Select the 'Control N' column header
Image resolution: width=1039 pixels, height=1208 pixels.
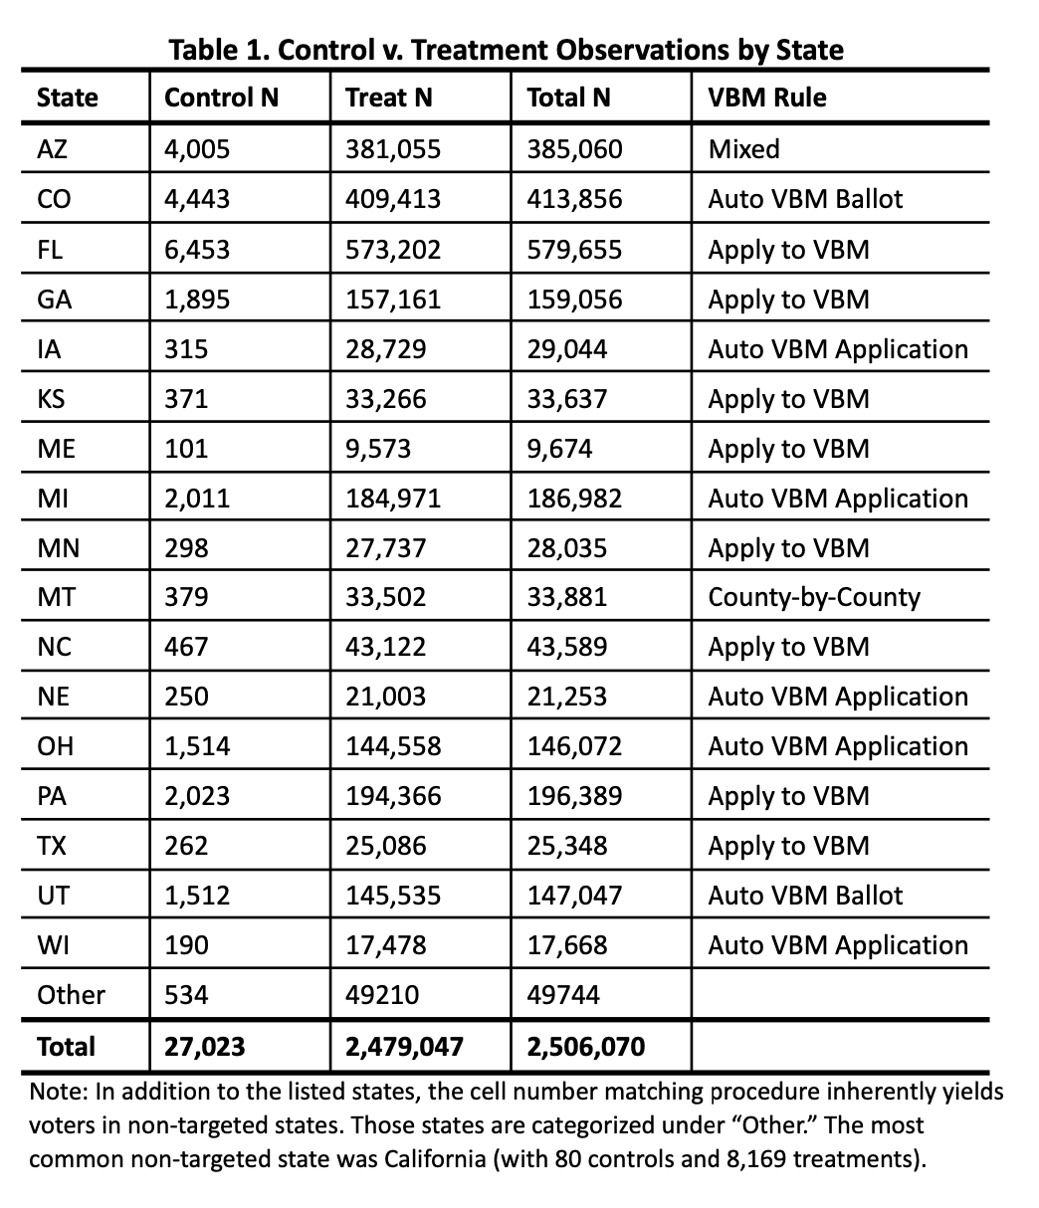[221, 98]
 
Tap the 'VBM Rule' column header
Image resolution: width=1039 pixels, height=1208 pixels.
[766, 98]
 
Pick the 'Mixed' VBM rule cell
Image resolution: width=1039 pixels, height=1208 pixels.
[743, 149]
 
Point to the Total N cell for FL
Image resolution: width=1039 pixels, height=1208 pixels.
[574, 249]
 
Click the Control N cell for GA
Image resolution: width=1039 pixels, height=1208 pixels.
[197, 299]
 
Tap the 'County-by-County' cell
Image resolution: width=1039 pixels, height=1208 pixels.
[814, 597]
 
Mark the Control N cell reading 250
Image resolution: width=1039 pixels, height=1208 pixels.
[186, 697]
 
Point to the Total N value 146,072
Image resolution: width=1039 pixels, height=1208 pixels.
[574, 746]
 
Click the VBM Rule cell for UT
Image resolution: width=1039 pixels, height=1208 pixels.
[805, 896]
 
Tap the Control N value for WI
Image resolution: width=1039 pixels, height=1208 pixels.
[186, 945]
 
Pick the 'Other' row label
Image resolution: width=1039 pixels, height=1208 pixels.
[71, 995]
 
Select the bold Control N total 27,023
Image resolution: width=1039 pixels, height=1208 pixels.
[204, 1047]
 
